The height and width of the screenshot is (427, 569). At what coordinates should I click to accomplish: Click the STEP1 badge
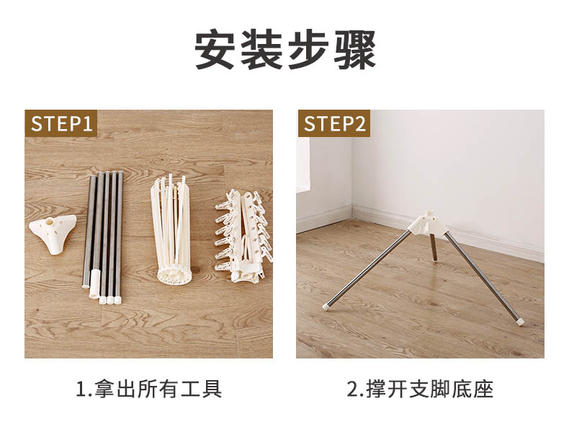pos(61,123)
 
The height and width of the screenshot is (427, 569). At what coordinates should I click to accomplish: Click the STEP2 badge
pos(334,123)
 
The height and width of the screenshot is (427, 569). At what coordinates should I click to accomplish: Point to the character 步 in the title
pos(308,50)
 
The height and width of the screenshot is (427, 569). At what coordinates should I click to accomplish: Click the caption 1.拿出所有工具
pos(149,389)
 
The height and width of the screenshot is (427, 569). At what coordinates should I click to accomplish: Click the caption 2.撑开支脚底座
pos(420,389)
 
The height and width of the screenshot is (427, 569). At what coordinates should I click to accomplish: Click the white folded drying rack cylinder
pos(171,229)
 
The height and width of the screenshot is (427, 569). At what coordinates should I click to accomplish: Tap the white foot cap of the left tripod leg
pos(326,306)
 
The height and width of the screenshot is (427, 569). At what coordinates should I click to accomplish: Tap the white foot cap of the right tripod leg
pos(520,320)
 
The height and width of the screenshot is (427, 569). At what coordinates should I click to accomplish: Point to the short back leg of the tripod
pos(434,247)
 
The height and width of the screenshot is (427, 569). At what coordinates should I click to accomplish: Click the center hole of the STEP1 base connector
pos(50,220)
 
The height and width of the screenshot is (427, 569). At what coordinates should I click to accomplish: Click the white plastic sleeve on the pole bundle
pos(94,283)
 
